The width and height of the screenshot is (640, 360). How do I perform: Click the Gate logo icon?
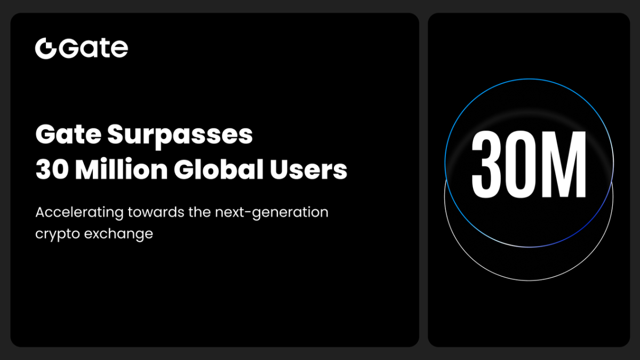(x=45, y=49)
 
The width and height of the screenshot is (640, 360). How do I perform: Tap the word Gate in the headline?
(x=68, y=135)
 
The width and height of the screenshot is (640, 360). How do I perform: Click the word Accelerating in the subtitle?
(x=80, y=212)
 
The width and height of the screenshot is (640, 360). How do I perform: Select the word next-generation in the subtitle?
(x=271, y=213)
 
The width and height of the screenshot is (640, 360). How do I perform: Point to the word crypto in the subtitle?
(x=56, y=234)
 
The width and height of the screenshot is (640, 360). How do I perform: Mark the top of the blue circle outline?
(x=529, y=79)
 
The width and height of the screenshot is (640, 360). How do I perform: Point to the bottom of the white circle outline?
(x=529, y=281)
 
